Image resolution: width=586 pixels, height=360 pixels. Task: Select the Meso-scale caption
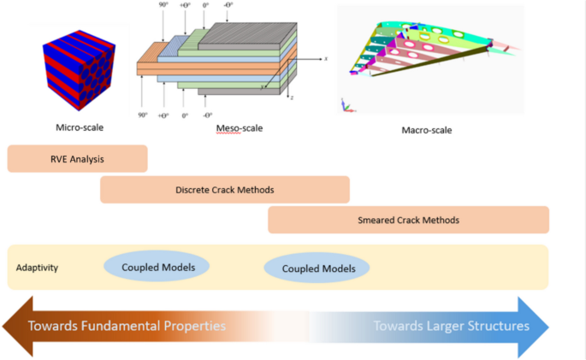(240, 128)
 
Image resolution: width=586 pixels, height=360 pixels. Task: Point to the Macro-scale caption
(426, 131)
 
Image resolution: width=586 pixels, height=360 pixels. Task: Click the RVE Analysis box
(77, 158)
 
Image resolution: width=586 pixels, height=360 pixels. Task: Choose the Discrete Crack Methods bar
(225, 189)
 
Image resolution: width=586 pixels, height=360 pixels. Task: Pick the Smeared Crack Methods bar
(408, 220)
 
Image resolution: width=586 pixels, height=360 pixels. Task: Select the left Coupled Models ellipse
(158, 268)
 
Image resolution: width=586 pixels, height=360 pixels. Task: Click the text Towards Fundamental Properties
(127, 326)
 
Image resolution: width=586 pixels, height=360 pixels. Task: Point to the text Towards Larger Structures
(451, 326)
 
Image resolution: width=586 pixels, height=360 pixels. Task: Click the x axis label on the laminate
(327, 59)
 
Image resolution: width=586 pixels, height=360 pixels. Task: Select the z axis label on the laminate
(291, 97)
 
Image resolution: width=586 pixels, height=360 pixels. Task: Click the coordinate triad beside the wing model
(346, 105)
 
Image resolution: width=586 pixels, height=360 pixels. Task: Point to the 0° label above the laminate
(205, 6)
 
